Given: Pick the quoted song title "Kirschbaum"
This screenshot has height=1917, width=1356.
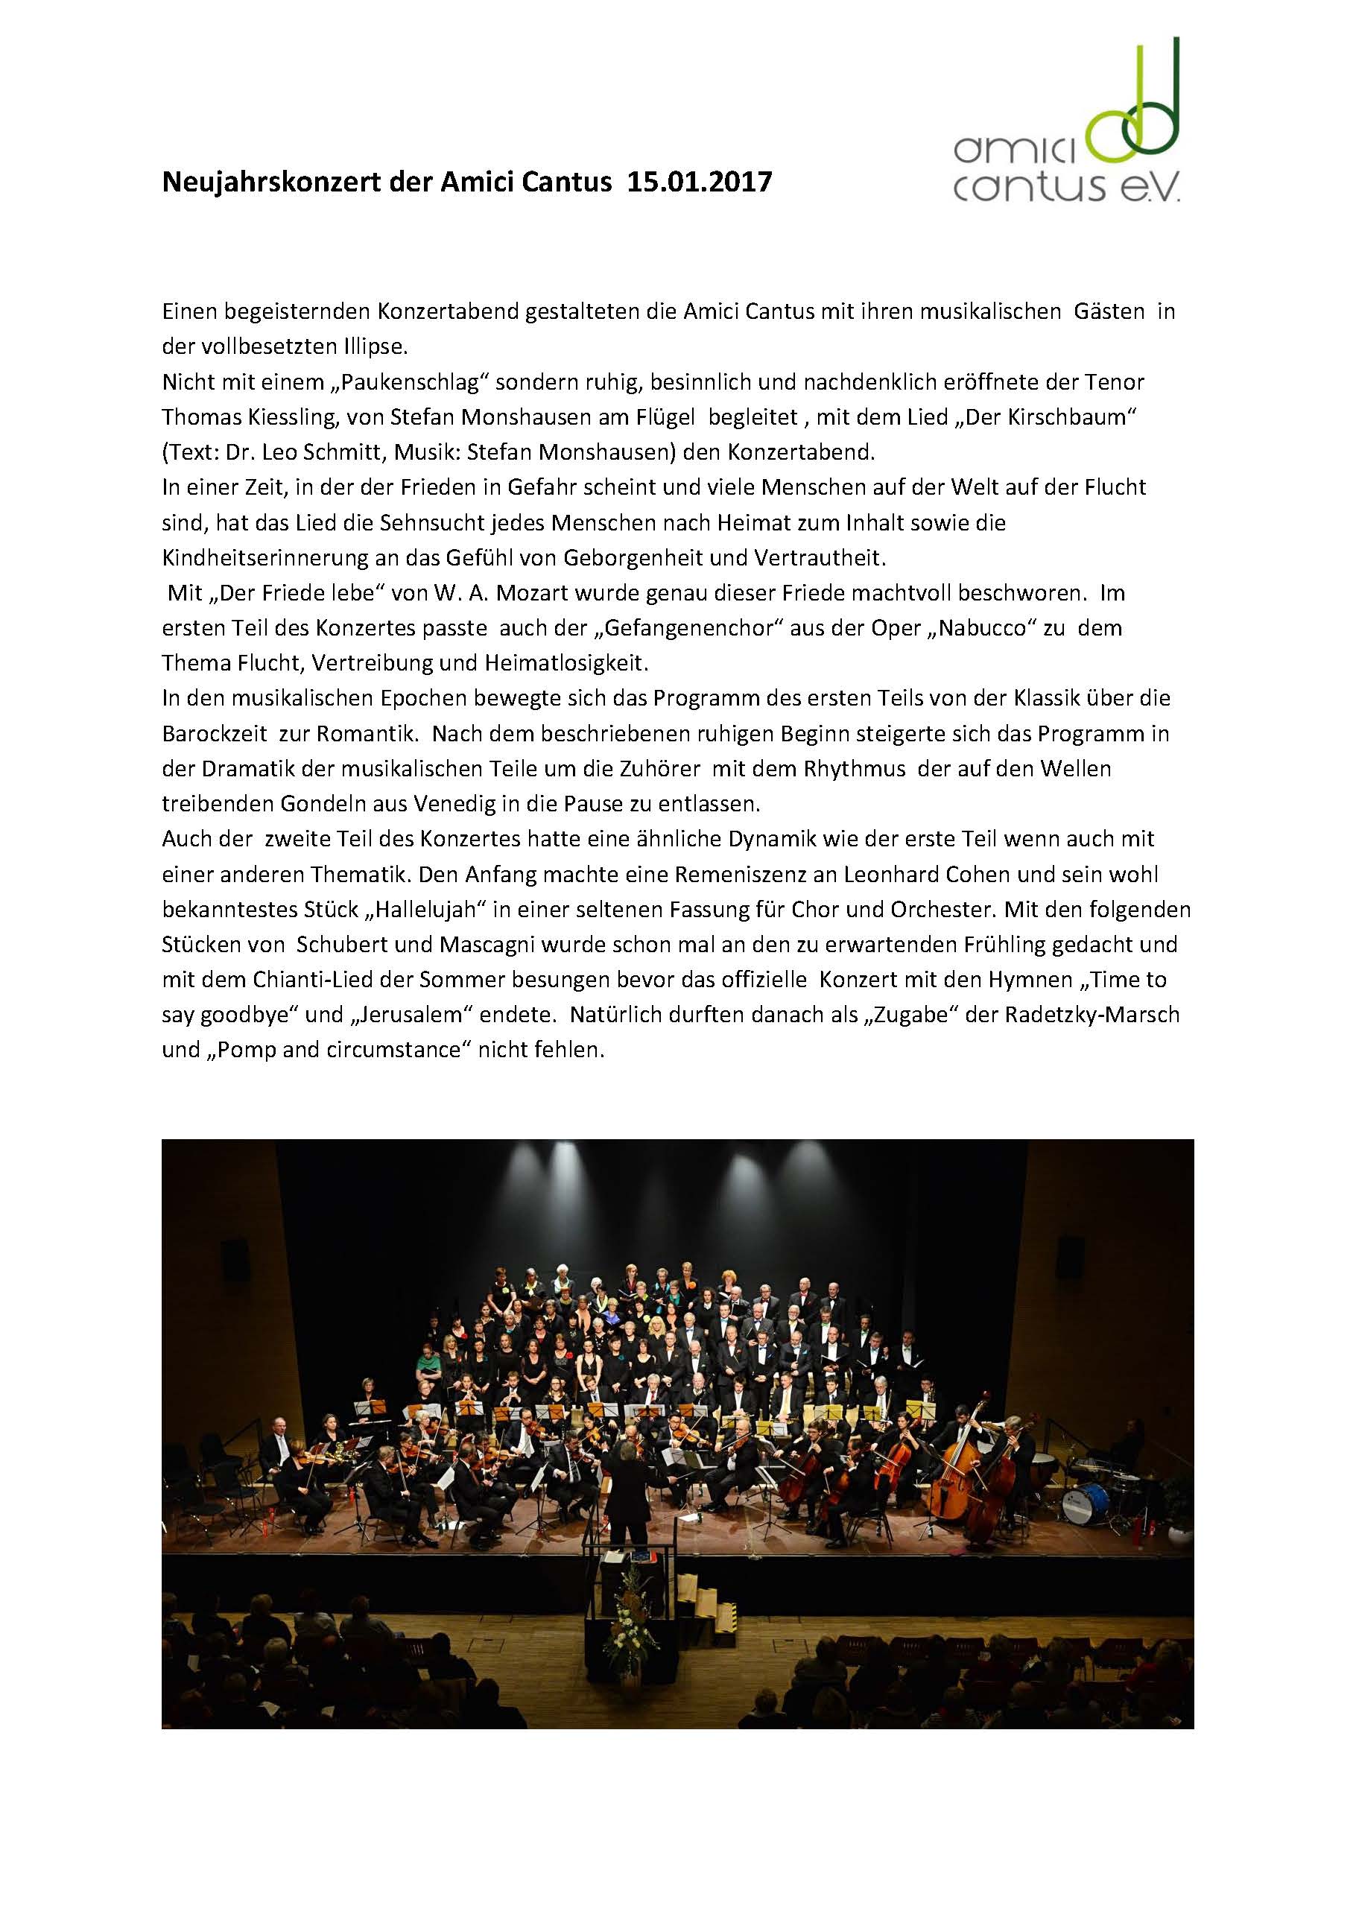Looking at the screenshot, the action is pos(1062,417).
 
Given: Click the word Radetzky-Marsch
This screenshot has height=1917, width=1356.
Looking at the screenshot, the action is pos(1092,1015).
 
